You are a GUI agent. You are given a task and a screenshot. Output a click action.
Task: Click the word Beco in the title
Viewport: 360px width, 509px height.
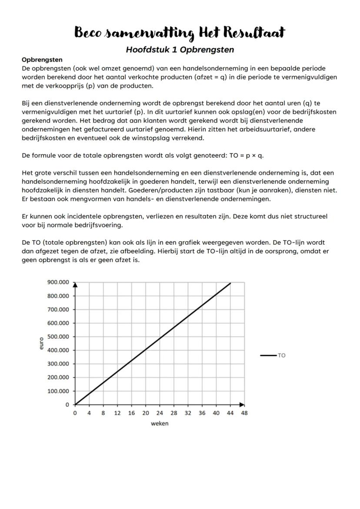[90, 33]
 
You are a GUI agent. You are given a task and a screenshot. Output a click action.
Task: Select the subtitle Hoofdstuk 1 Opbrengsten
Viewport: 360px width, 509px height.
[180, 50]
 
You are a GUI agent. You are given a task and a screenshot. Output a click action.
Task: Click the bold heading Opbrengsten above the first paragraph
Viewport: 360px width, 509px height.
[42, 60]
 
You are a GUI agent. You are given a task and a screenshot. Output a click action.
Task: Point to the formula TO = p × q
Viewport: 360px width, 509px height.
[246, 156]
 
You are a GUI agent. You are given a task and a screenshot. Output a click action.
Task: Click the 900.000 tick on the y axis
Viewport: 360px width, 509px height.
[58, 282]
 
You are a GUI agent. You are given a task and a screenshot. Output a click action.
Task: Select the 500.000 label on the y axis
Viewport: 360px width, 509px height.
[58, 336]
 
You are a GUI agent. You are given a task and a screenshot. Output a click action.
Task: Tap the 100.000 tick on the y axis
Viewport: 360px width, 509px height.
[58, 391]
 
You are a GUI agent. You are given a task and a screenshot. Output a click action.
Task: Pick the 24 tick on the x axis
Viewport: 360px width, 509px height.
[160, 413]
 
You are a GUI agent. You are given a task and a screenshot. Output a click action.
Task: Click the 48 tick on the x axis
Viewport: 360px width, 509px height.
[244, 413]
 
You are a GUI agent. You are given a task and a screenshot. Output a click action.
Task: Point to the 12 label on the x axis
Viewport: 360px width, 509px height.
[117, 413]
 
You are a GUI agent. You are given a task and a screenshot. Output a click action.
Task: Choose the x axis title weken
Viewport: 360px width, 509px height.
[160, 424]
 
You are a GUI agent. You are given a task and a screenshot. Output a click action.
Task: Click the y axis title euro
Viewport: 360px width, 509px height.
[41, 343]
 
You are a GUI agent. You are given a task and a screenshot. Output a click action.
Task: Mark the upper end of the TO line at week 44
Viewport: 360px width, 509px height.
[230, 283]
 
